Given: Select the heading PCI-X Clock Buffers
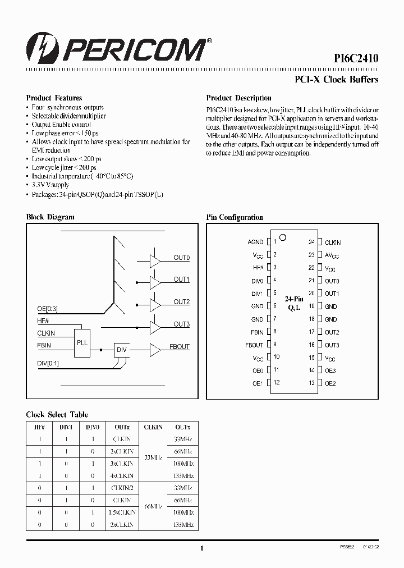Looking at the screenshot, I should pos(337,79).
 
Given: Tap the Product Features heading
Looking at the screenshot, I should pos(54,98).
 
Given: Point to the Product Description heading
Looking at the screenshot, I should pos(238,98).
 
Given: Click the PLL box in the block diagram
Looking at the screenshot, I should pos(82,342).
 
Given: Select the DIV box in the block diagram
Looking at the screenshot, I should pos(121,350).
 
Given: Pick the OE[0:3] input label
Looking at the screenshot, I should pos(47,309).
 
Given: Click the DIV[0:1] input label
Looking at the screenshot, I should pos(48,363).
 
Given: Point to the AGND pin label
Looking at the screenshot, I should pos(255,242).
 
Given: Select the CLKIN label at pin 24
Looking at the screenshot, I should pos(333,242).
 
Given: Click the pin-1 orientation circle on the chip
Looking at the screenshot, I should pos(283,237).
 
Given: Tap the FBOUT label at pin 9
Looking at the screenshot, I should pos(254,345).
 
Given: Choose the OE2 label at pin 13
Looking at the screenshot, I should pos(330,383).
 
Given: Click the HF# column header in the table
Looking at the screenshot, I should pos(39,427).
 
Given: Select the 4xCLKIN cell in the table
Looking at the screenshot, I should pos(123,474).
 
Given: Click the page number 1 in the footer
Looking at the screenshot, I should pos(201,549).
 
